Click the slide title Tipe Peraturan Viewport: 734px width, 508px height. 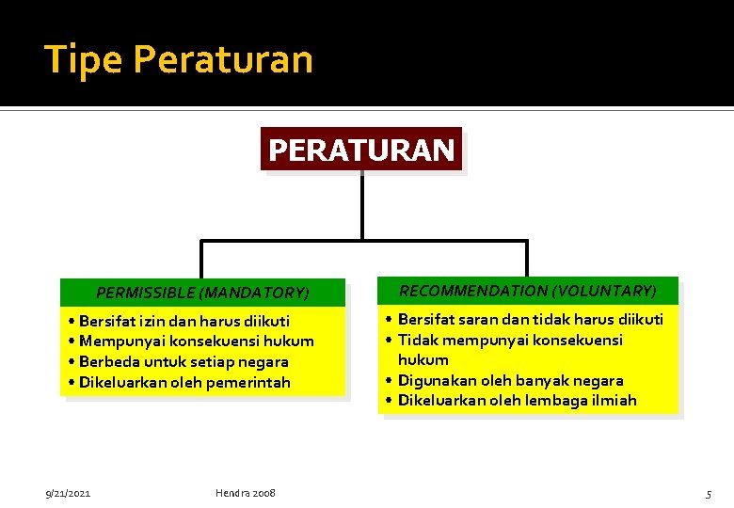coord(179,59)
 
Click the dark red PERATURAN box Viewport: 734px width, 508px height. coord(361,150)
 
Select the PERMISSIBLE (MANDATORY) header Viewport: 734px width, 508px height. coord(202,294)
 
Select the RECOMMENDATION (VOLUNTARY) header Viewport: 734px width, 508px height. coord(528,291)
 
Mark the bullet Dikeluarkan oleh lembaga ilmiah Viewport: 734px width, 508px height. coord(517,401)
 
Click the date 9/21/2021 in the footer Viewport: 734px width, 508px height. coord(69,493)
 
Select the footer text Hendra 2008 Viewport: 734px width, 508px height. coord(246,493)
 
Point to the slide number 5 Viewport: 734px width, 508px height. coord(709,494)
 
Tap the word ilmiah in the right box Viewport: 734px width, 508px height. coord(613,401)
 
